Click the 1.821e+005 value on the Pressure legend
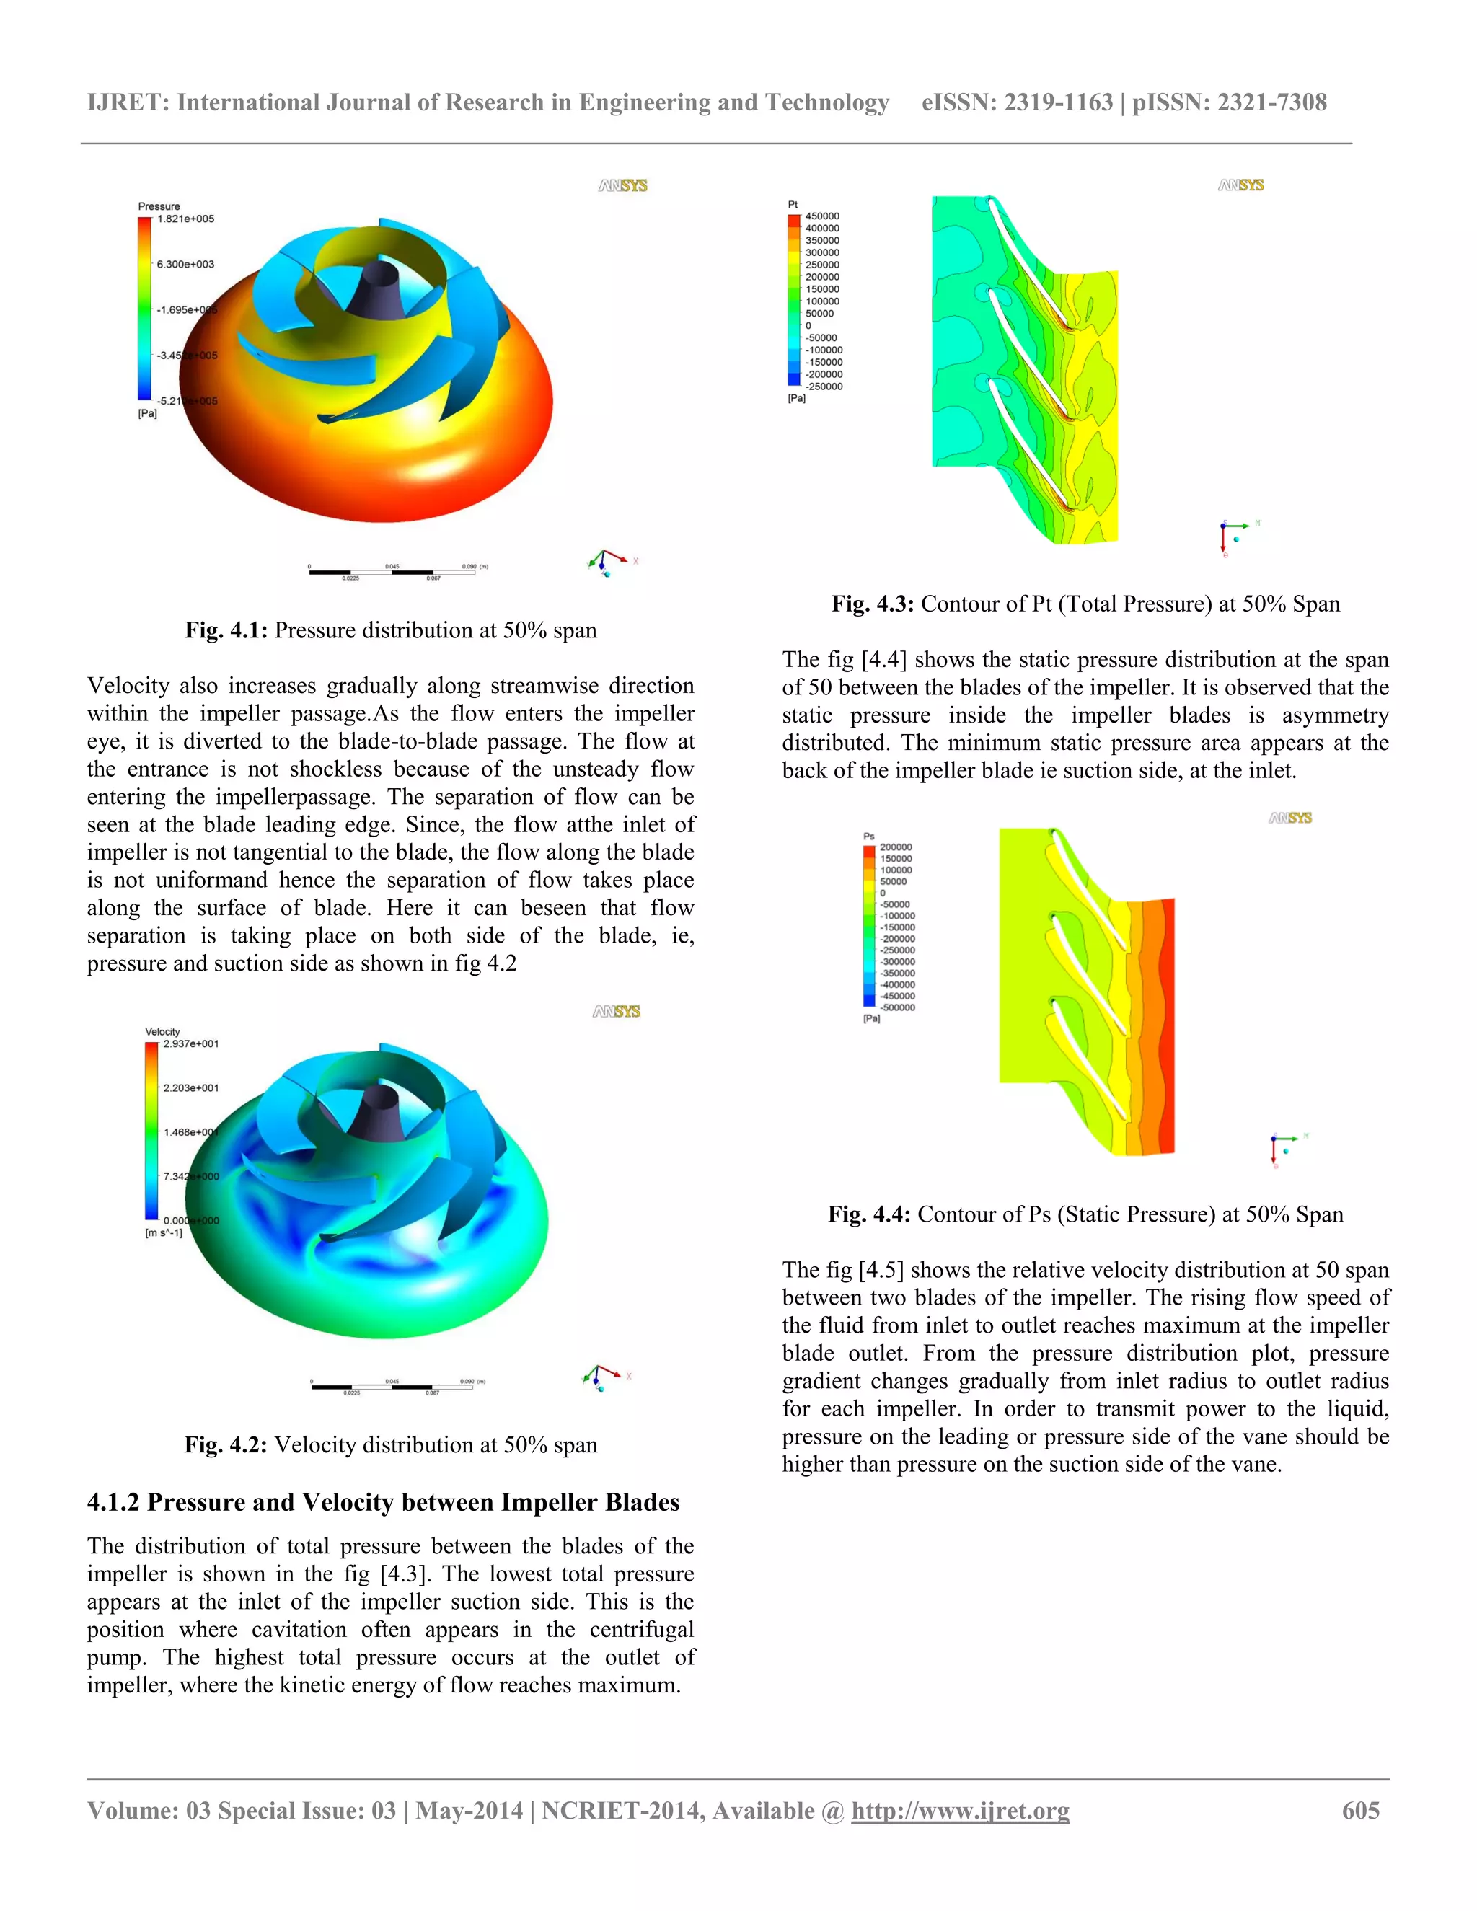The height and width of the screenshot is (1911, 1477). pos(185,219)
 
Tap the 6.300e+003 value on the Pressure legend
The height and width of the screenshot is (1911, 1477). pos(185,264)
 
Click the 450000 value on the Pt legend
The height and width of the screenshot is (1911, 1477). pos(821,216)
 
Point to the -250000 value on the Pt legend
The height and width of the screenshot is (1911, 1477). pos(824,387)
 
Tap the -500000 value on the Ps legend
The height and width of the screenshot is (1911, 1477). pos(897,1007)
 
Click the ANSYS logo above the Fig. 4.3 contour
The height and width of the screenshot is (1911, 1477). pos(1240,185)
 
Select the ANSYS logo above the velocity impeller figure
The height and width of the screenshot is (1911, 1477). pos(616,1012)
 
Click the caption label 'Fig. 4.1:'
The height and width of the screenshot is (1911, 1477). pos(226,631)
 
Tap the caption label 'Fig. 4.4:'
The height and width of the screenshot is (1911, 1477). pos(869,1214)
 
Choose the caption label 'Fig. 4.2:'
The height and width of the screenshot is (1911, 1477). pos(225,1444)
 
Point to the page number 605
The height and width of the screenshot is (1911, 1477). pos(1361,1810)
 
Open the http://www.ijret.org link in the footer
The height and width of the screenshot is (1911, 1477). pos(960,1810)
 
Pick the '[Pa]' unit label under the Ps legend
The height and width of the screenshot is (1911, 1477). pos(871,1018)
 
